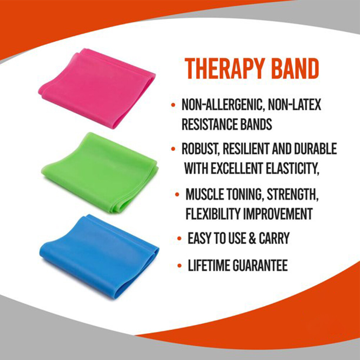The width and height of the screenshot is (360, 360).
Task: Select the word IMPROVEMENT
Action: (x=279, y=214)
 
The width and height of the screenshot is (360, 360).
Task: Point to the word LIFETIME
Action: (x=209, y=266)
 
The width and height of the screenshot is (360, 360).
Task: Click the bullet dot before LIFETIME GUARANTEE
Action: (x=179, y=266)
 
